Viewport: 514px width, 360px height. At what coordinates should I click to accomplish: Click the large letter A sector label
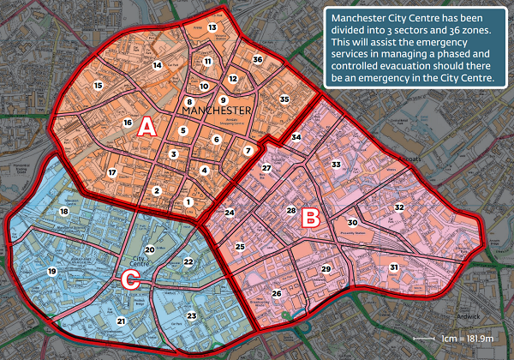point(146,127)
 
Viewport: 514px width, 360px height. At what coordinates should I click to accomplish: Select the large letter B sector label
point(311,218)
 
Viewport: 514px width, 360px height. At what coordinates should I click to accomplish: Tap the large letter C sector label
point(130,279)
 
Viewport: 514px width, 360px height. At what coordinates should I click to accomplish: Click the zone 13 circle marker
point(213,27)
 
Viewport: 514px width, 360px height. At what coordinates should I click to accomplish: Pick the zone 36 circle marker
point(257,59)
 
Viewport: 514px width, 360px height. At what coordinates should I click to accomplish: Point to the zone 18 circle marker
point(63,211)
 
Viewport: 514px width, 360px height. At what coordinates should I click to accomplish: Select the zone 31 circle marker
point(394,267)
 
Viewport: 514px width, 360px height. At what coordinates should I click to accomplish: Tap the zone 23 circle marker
point(191,316)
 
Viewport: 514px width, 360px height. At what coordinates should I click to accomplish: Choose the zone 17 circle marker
point(111,172)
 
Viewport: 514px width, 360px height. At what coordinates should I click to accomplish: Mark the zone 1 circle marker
point(188,201)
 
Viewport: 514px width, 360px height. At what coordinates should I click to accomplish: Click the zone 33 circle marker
point(337,164)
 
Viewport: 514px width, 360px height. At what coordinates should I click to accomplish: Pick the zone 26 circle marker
point(277,293)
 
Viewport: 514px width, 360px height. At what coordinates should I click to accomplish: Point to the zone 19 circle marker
point(51,271)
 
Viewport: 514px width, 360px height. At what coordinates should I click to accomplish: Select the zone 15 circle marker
point(99,86)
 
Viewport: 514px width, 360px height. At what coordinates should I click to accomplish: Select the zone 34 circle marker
point(296,137)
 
